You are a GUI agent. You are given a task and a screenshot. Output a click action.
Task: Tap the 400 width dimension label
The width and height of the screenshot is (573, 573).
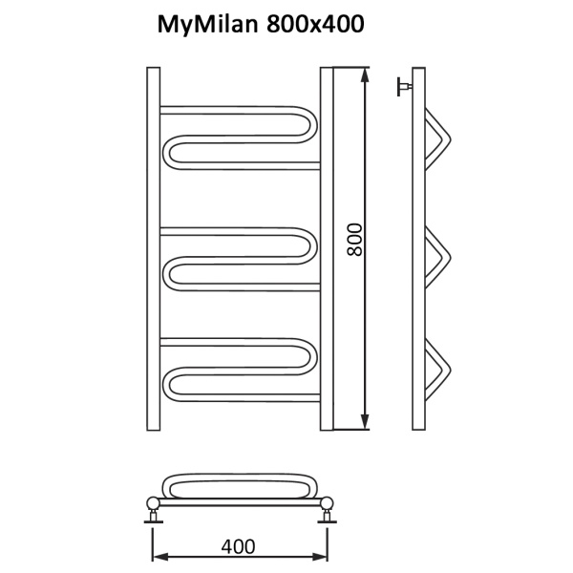[238, 546]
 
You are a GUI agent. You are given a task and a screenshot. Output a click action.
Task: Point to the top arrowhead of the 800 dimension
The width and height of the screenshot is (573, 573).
[365, 73]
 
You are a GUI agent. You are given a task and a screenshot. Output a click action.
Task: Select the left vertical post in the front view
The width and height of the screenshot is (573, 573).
[153, 248]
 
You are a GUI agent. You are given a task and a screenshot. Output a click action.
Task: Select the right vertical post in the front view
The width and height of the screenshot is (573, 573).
[327, 248]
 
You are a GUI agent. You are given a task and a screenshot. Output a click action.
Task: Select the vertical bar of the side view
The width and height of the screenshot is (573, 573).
[418, 248]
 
